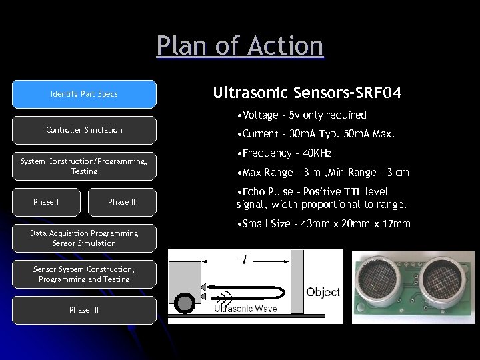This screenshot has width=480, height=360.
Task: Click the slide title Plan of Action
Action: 240,47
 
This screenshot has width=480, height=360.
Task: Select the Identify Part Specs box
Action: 84,94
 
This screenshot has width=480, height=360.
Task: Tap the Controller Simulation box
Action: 84,130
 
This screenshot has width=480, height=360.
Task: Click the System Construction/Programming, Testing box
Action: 84,166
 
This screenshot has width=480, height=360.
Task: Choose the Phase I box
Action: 46,202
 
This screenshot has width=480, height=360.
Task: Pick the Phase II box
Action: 121,202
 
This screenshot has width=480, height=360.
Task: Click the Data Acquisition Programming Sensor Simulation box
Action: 84,238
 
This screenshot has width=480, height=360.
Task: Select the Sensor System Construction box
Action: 84,274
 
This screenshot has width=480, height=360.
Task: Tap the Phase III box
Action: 84,310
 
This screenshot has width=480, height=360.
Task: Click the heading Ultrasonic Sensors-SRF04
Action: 307,93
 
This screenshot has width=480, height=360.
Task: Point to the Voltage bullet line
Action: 301,115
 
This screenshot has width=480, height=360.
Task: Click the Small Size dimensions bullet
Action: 323,224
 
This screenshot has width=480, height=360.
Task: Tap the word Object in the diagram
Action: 323,292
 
